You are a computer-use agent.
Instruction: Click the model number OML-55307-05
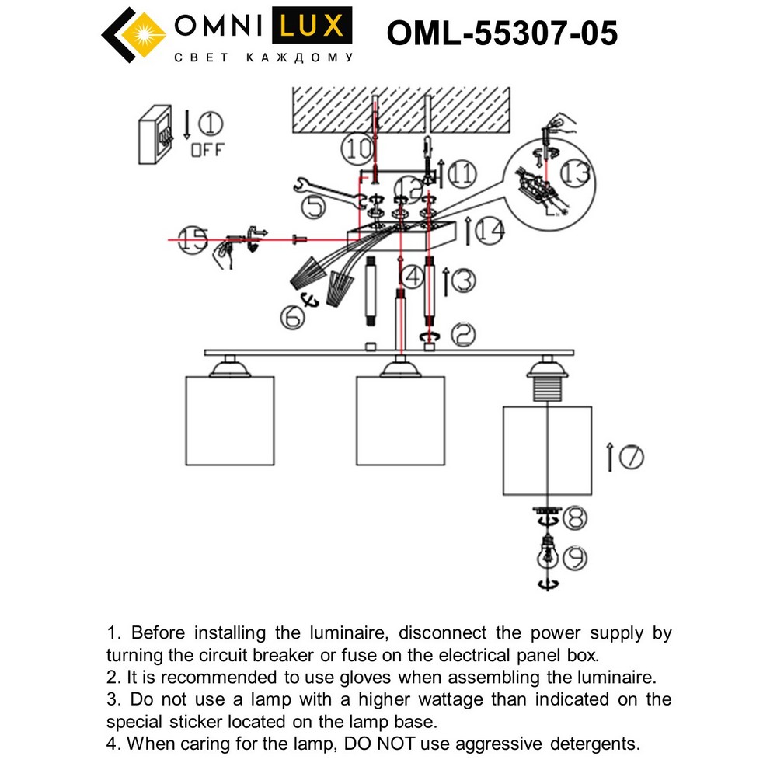(502, 34)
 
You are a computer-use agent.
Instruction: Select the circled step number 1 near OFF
(210, 124)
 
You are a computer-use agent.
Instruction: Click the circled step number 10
(360, 149)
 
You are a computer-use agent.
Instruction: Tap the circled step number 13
(574, 175)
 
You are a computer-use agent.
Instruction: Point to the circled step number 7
(631, 458)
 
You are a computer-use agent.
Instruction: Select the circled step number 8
(576, 516)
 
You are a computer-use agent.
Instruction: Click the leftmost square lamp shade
(231, 420)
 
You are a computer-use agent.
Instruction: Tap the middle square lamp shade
(399, 420)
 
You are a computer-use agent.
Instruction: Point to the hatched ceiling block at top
(400, 110)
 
